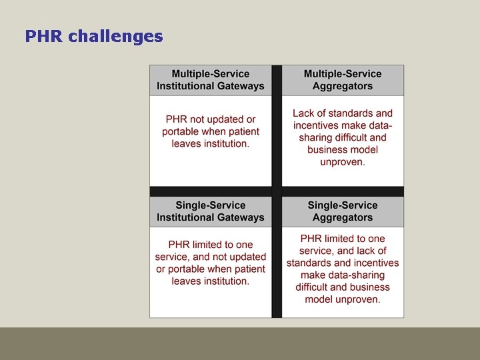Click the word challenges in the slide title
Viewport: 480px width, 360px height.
tap(115, 36)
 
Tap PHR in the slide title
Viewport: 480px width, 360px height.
tap(44, 36)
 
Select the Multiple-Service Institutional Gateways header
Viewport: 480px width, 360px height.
tap(211, 80)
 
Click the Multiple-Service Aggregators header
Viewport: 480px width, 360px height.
tap(343, 80)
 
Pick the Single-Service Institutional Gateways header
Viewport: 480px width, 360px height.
tap(211, 211)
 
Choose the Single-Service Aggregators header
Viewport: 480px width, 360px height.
tap(343, 211)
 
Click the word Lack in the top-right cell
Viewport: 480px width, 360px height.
tap(304, 113)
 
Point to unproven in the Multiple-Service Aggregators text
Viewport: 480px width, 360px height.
tap(343, 162)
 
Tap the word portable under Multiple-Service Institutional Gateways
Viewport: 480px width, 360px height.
tap(184, 132)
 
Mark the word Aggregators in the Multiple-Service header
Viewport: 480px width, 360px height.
tap(343, 86)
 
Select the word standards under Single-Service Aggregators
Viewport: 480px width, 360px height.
tap(311, 263)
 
